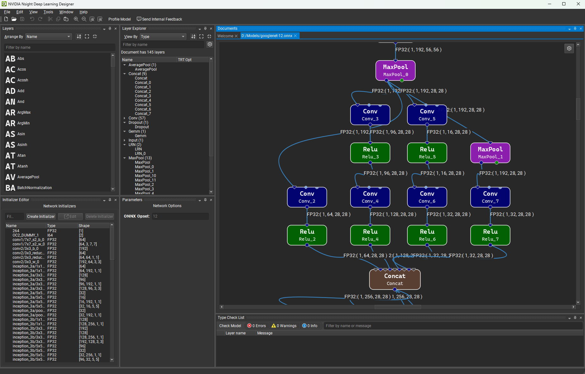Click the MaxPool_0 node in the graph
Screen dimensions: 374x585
(395, 70)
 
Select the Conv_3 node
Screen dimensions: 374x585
(370, 115)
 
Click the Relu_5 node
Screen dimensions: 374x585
(427, 153)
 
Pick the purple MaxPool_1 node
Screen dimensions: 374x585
(490, 153)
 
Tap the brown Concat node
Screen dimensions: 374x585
(395, 279)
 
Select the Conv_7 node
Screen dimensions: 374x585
(490, 197)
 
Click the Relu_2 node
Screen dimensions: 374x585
(307, 235)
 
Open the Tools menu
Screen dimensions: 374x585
(48, 12)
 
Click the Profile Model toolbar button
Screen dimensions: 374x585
(119, 19)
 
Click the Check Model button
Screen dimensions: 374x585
(230, 326)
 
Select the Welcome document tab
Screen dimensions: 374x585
(225, 36)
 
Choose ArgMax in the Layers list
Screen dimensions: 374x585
(24, 112)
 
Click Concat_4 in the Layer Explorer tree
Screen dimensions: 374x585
(143, 100)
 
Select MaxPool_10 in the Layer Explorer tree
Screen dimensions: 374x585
(145, 176)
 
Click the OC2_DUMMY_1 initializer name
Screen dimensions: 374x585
(25, 235)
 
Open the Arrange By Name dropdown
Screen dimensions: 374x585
(48, 37)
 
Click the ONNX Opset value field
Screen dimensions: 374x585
(180, 216)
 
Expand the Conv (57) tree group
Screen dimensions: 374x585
(125, 118)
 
